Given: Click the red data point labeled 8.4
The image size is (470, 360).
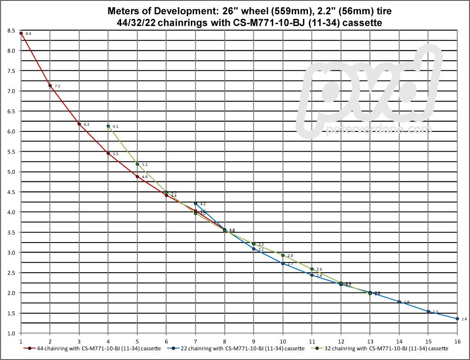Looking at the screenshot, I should (x=21, y=33).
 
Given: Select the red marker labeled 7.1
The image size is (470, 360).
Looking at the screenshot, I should (x=50, y=85).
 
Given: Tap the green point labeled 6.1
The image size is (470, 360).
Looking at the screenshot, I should (x=108, y=126).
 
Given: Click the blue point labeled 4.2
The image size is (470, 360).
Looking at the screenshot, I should (x=195, y=203).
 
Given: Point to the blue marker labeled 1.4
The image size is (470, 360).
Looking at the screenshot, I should (x=457, y=319).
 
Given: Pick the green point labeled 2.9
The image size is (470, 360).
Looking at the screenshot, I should (x=283, y=255).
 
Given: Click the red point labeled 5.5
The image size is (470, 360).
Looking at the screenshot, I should (x=108, y=153).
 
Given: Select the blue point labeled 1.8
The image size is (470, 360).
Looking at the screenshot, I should (x=399, y=302).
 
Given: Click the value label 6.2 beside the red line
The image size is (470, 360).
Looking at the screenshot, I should (x=86, y=124).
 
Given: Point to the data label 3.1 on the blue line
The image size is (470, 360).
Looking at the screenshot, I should (x=261, y=249).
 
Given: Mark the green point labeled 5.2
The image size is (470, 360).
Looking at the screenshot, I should (x=137, y=164).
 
